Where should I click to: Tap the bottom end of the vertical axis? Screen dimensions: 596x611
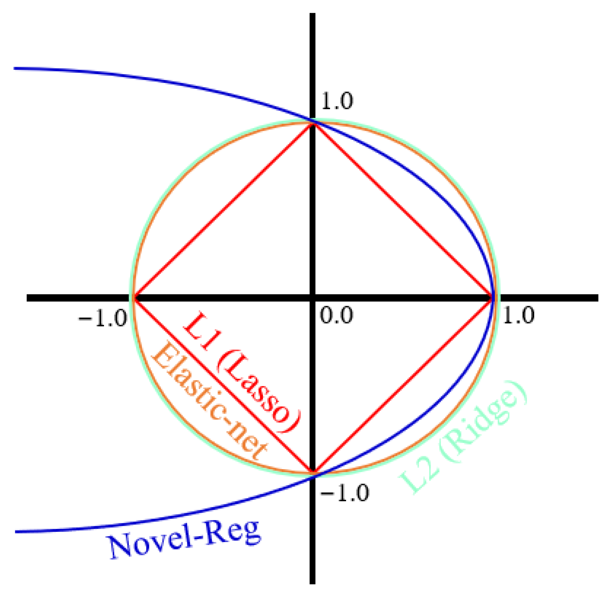(312, 583)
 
